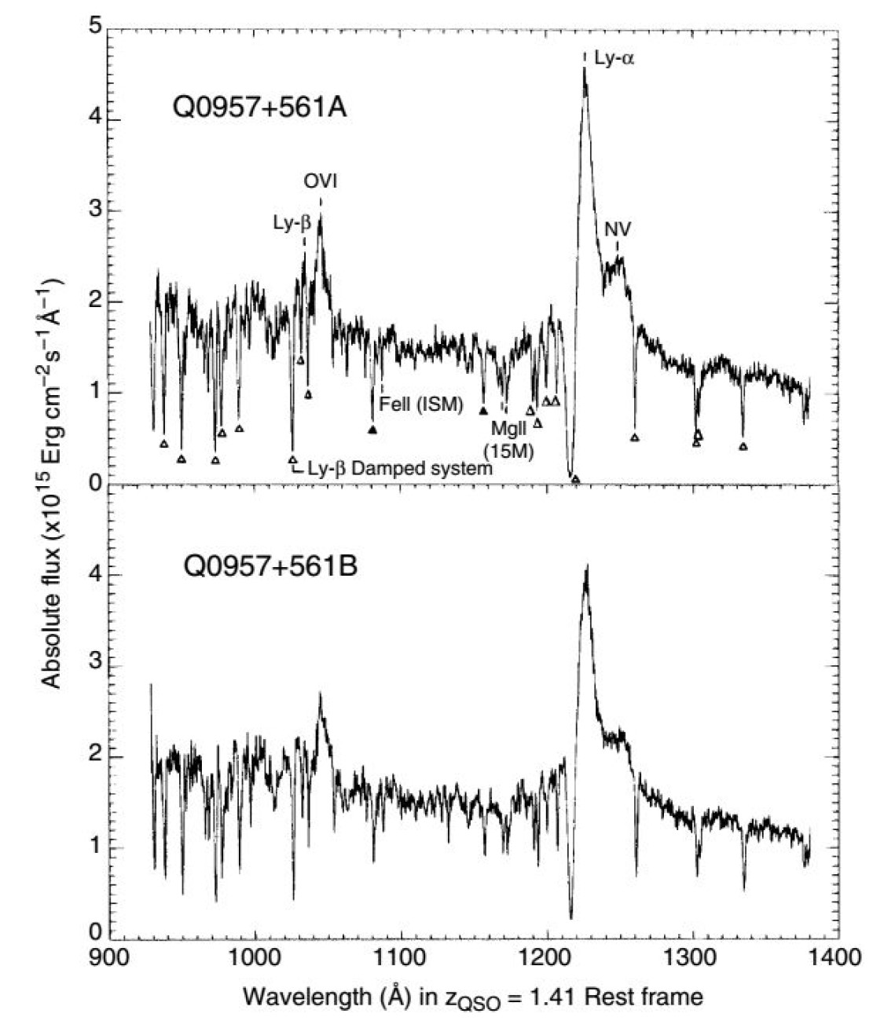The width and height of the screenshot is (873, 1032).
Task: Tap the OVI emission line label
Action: point(321,182)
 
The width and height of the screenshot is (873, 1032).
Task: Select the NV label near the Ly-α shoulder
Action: point(618,229)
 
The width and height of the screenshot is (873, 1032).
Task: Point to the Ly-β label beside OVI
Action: point(292,223)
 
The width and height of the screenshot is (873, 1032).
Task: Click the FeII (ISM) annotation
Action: point(421,405)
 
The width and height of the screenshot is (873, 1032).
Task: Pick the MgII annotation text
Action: point(509,429)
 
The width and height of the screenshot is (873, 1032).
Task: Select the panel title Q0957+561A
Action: point(260,108)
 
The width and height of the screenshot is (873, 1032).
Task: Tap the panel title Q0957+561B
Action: point(270,565)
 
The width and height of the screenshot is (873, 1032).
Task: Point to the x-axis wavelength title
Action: point(473,997)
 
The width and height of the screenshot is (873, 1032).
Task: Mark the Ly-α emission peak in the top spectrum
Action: point(584,69)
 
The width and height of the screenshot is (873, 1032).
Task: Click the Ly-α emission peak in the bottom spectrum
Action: point(585,565)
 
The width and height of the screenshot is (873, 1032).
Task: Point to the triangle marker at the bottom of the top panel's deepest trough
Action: point(575,479)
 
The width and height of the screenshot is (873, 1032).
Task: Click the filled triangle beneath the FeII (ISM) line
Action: point(372,430)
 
